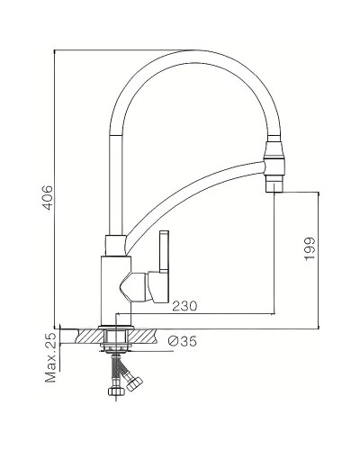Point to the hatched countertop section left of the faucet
[x=83, y=334]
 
